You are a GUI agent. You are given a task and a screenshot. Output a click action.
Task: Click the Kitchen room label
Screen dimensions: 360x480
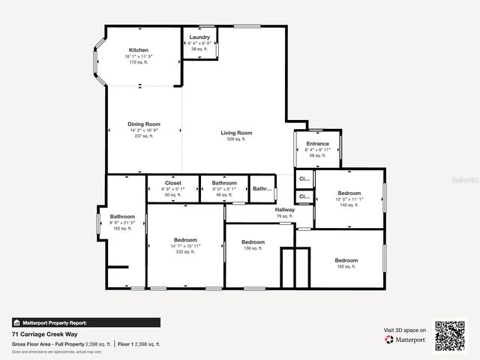click(139, 50)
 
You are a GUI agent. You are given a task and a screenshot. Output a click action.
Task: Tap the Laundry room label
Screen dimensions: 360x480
click(199, 37)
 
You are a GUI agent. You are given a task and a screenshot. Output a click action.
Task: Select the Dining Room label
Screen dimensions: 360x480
click(144, 124)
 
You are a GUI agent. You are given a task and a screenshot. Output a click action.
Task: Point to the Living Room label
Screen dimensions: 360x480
click(236, 133)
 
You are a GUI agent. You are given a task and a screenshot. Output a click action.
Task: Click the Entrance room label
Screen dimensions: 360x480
click(317, 144)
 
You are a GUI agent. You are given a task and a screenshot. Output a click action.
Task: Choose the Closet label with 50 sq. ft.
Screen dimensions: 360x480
click(173, 183)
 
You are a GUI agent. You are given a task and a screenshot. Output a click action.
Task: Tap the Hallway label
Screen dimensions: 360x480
click(284, 210)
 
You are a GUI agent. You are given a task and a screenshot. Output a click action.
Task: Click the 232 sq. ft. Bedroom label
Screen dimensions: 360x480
click(184, 240)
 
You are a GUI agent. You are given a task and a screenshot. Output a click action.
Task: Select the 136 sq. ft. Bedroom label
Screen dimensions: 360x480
click(253, 242)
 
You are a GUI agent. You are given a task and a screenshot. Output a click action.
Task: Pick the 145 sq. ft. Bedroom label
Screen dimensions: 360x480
click(349, 193)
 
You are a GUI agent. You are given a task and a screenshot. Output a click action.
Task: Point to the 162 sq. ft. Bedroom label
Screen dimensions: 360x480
click(346, 260)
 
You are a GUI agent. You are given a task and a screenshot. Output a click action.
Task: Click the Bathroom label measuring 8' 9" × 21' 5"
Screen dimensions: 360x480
click(122, 217)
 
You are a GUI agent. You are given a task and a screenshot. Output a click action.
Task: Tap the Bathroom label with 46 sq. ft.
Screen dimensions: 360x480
click(224, 183)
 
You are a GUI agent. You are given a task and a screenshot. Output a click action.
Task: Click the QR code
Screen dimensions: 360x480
click(450, 336)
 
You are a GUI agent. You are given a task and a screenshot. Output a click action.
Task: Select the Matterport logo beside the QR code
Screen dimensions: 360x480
click(406, 340)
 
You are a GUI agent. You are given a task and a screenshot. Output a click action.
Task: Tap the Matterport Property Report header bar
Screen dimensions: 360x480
click(85, 322)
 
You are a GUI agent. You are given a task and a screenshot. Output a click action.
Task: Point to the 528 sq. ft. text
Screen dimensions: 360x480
click(236, 139)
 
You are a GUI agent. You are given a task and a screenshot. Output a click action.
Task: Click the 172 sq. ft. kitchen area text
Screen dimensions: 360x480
click(139, 62)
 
